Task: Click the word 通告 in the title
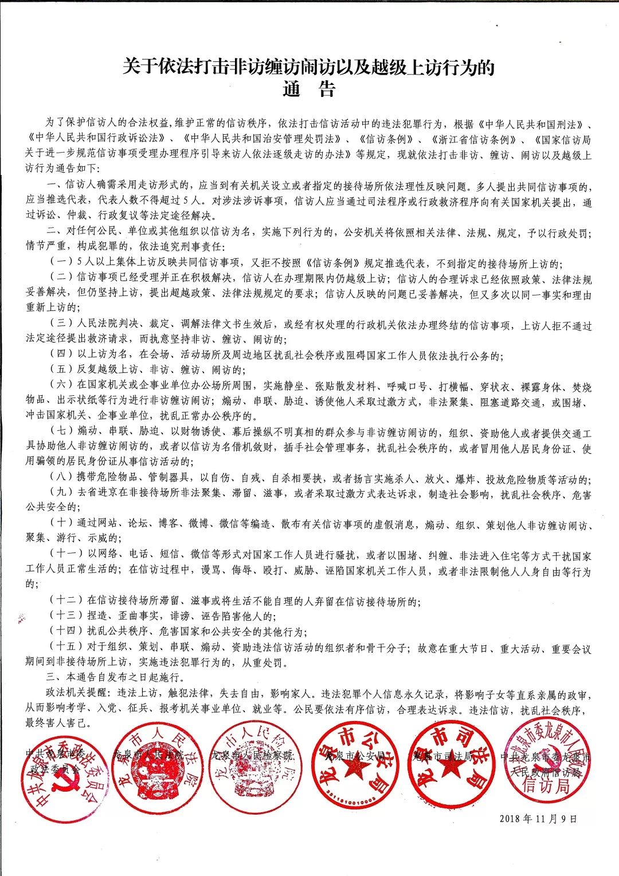click(309, 89)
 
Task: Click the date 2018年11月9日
click(538, 819)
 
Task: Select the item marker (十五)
click(66, 648)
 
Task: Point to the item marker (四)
click(61, 356)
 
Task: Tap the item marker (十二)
click(66, 601)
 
